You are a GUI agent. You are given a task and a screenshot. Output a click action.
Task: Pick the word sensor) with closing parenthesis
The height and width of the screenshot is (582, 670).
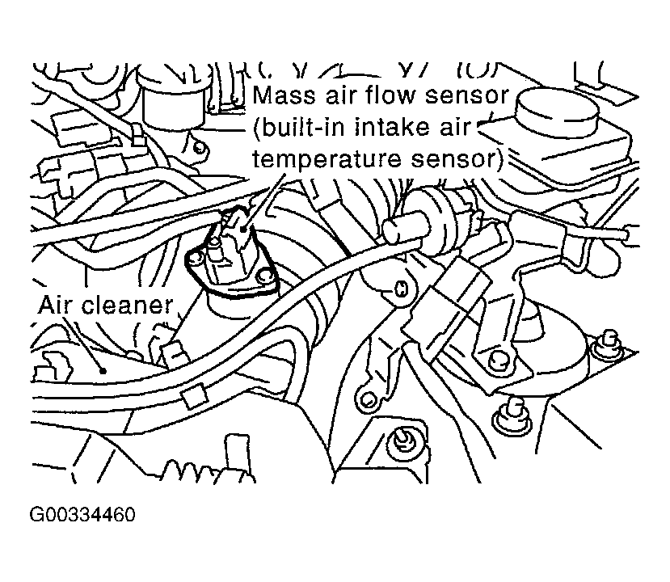447,159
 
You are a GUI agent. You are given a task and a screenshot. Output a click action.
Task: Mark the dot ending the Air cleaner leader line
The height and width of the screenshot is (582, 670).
104,371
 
